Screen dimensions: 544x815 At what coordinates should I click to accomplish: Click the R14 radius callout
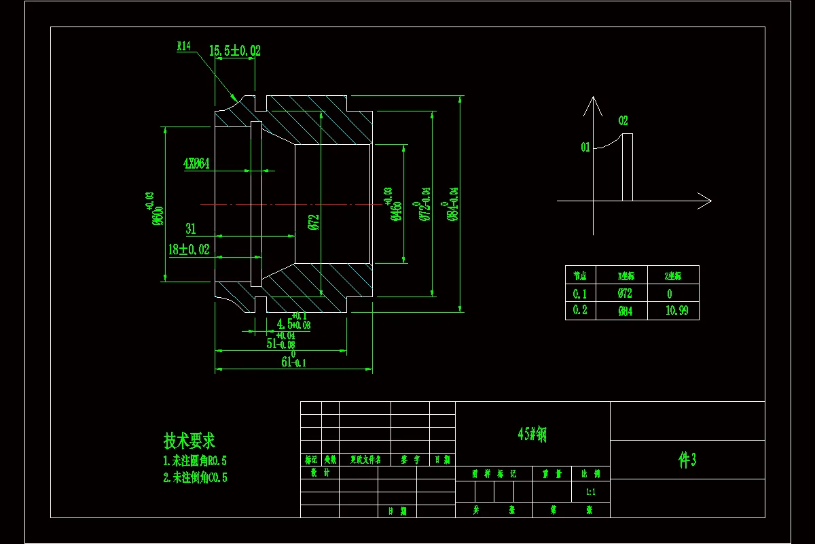tap(184, 46)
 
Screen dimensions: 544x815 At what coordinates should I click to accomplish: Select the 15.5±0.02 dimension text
tap(234, 51)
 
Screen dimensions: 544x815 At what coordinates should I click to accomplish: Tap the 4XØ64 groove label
tap(196, 164)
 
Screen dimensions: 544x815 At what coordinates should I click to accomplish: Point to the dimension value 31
tap(191, 229)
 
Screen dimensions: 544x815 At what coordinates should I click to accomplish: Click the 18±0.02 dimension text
tap(189, 250)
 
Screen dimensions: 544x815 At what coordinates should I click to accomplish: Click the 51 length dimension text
tap(280, 343)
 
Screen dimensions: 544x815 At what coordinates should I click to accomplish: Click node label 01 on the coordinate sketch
tap(585, 147)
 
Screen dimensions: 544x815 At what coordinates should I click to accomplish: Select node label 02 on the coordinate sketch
tap(623, 121)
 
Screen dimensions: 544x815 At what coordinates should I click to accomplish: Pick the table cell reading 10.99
tap(672, 311)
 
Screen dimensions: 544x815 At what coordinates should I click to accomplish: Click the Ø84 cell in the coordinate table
tap(624, 311)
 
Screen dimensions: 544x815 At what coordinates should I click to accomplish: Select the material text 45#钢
tap(532, 435)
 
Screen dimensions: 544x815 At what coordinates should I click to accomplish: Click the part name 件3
tap(687, 460)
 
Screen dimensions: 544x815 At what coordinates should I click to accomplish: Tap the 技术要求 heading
tap(189, 441)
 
